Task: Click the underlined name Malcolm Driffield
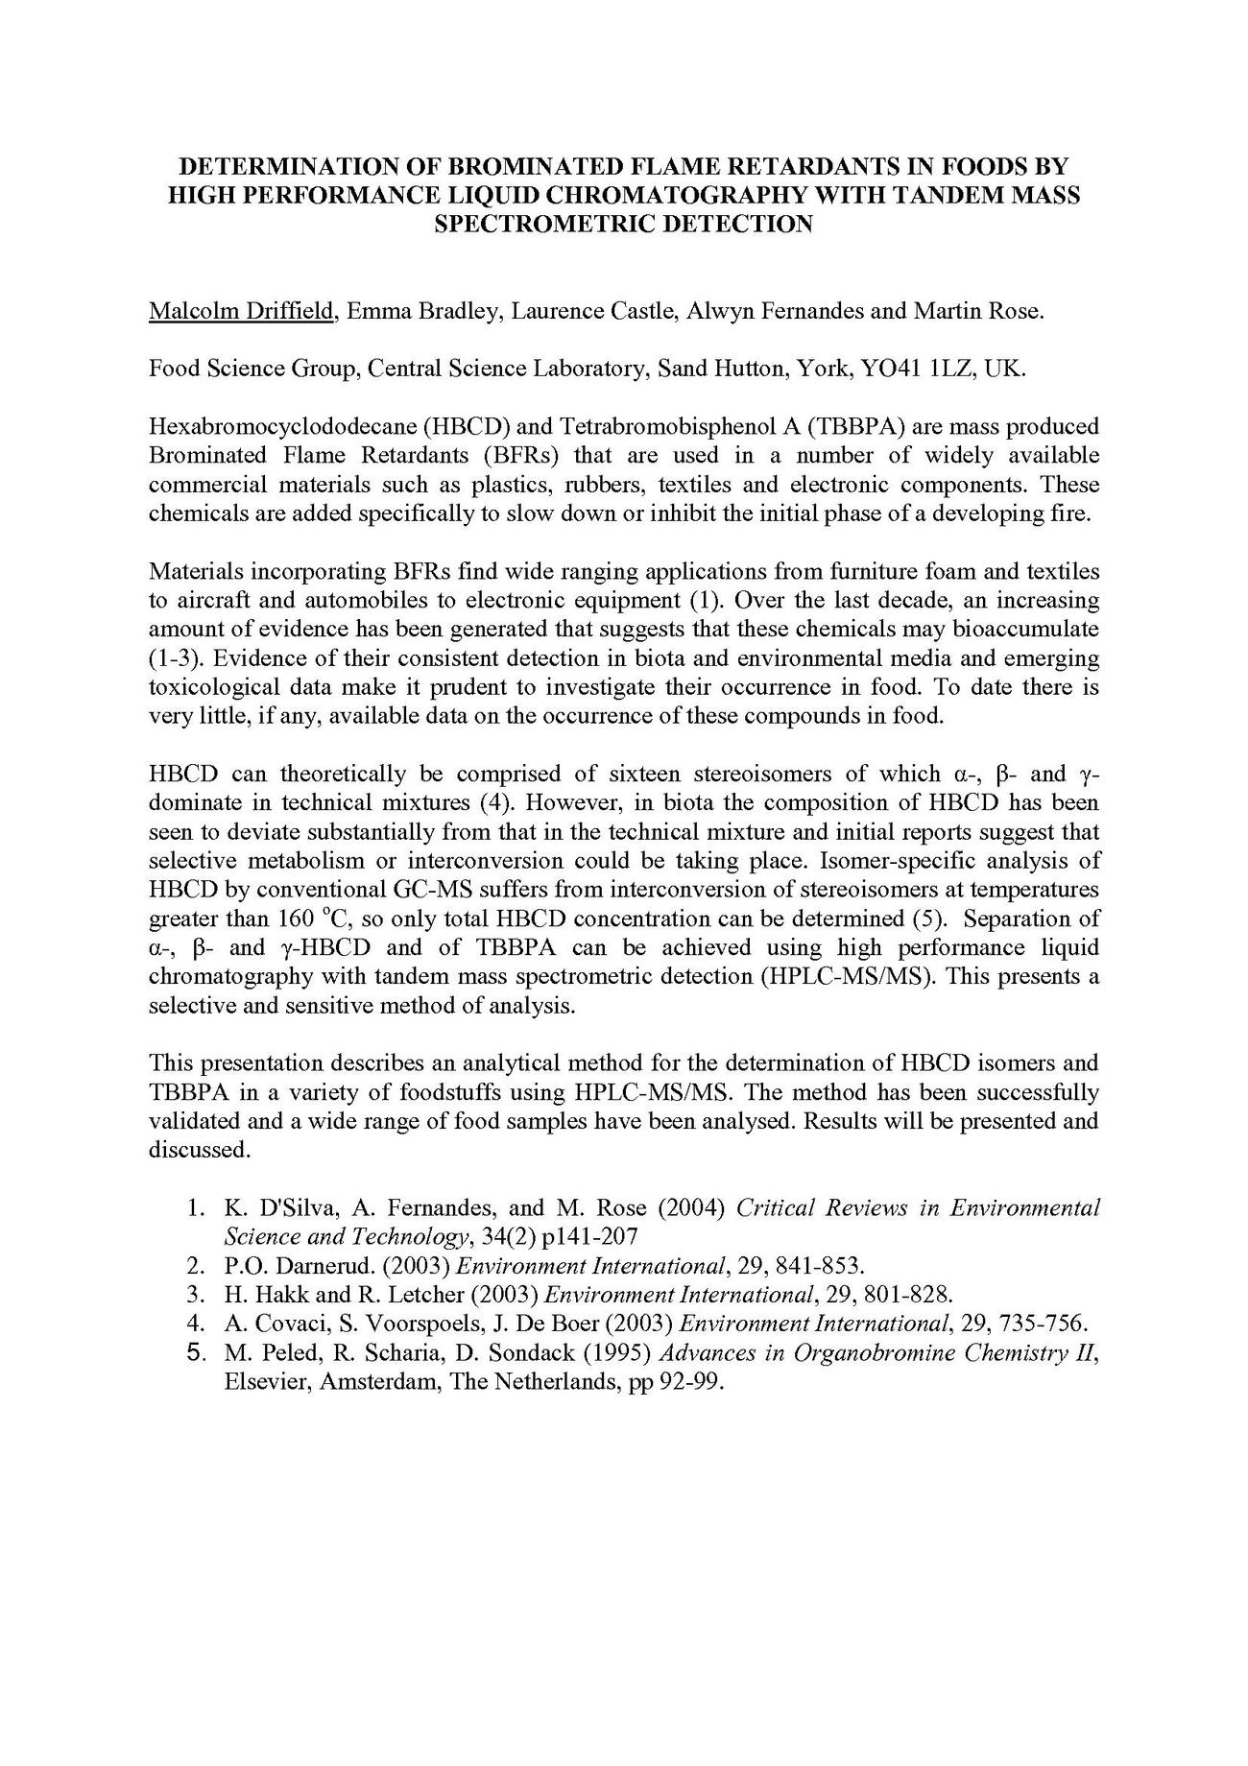coord(242,310)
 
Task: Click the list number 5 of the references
coord(197,1353)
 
